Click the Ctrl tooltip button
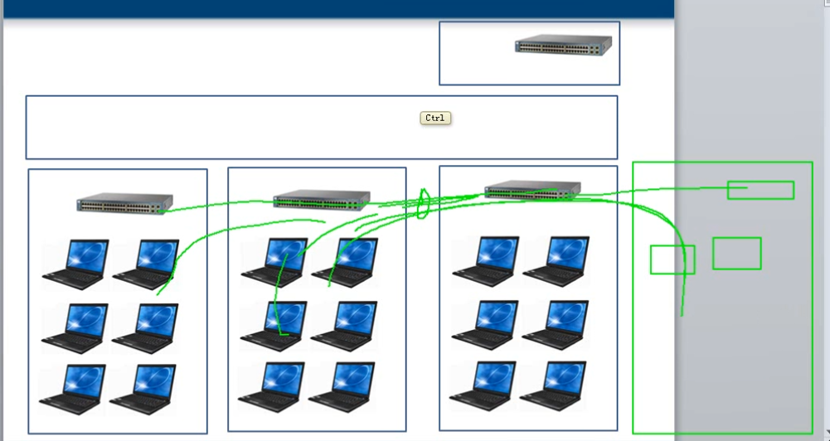click(x=435, y=118)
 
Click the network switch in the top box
click(x=563, y=45)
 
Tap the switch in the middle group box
click(x=321, y=200)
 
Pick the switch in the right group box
click(x=531, y=191)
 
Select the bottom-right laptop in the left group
click(x=143, y=389)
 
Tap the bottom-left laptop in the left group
click(x=73, y=389)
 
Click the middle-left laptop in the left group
click(x=75, y=327)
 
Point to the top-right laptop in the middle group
click(x=345, y=263)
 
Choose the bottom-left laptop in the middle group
click(x=271, y=386)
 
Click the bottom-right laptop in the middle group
click(x=342, y=386)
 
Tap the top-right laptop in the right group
click(x=556, y=260)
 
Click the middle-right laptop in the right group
click(x=556, y=323)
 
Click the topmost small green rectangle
click(x=760, y=190)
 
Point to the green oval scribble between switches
click(x=421, y=204)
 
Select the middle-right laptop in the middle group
click(x=344, y=324)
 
